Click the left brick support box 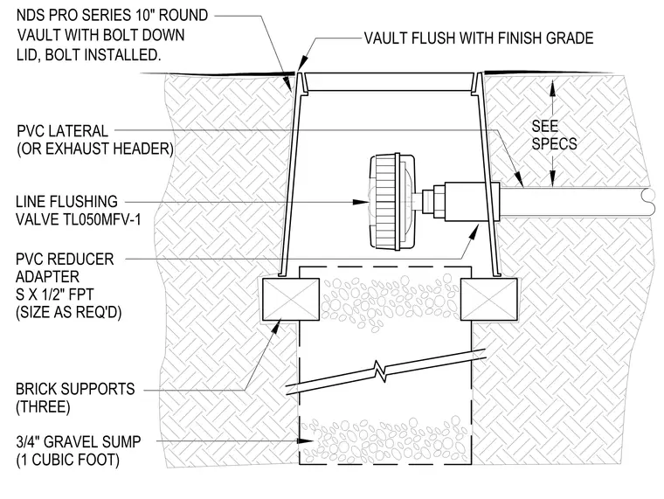click(291, 300)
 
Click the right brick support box click(489, 300)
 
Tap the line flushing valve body click(391, 202)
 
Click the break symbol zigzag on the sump click(384, 371)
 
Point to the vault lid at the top click(390, 82)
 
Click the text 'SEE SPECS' click(554, 135)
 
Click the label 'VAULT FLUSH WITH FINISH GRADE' click(479, 38)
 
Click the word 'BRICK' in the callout click(37, 389)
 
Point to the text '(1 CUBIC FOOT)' click(68, 460)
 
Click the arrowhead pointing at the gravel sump click(306, 441)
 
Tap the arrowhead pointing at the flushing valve click(361, 202)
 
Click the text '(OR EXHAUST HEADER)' click(95, 149)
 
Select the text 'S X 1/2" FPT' click(55, 295)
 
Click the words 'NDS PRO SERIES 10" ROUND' click(112, 16)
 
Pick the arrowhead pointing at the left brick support click(276, 327)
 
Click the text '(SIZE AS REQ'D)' click(69, 313)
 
